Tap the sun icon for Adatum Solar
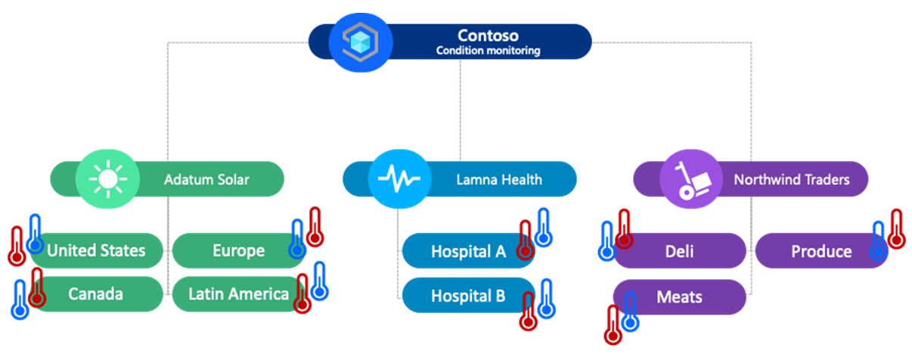(x=107, y=179)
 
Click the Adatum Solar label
(x=206, y=180)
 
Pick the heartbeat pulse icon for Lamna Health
(x=399, y=179)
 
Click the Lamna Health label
(x=498, y=180)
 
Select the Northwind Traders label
(x=792, y=180)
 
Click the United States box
(x=96, y=251)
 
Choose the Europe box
(x=238, y=251)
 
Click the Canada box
(x=96, y=293)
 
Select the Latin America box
(x=238, y=293)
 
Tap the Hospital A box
(x=468, y=252)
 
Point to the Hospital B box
(x=468, y=296)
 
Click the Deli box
(x=678, y=251)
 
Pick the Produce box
(x=821, y=251)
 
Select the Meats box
(x=678, y=297)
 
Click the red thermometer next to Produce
(x=896, y=229)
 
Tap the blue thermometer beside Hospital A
(x=542, y=228)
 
